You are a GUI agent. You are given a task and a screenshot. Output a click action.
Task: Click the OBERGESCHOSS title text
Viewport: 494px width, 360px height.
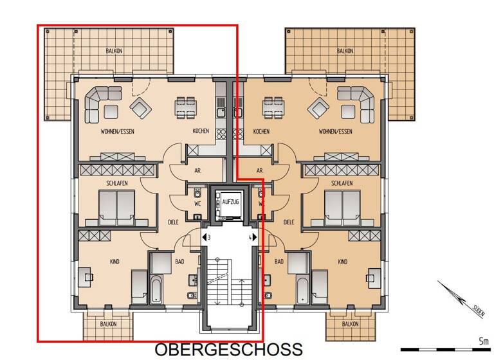point(228,349)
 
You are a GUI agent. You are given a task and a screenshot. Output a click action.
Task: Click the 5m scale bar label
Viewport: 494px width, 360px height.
point(483,341)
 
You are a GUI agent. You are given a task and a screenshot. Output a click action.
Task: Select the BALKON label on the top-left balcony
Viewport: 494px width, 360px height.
point(114,51)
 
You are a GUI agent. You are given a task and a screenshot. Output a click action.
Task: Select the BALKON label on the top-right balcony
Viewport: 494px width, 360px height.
point(345,51)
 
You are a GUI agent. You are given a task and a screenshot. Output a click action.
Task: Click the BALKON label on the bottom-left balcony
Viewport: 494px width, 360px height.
point(108,324)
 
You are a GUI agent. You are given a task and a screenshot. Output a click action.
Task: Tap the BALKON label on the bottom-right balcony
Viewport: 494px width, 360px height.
point(351,324)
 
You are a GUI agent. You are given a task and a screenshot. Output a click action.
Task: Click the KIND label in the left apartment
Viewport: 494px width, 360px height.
point(114,262)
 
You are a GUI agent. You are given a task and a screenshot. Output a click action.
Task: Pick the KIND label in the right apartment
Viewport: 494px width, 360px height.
point(343,262)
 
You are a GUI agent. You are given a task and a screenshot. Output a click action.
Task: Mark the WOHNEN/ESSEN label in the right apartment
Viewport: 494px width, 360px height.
point(335,131)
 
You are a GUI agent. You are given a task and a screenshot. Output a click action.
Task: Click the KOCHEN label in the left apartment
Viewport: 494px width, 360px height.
point(201,131)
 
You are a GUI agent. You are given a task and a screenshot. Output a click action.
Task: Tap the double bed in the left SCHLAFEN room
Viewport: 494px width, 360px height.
point(116,207)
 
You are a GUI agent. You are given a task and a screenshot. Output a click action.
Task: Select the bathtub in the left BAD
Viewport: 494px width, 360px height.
point(156,289)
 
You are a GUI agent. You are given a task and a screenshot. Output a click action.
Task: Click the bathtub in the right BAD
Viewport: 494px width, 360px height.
point(302,289)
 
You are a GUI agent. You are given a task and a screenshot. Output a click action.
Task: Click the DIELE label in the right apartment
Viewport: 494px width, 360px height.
point(289,222)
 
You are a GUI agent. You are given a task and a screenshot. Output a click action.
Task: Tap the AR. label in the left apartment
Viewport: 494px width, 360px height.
point(198,171)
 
